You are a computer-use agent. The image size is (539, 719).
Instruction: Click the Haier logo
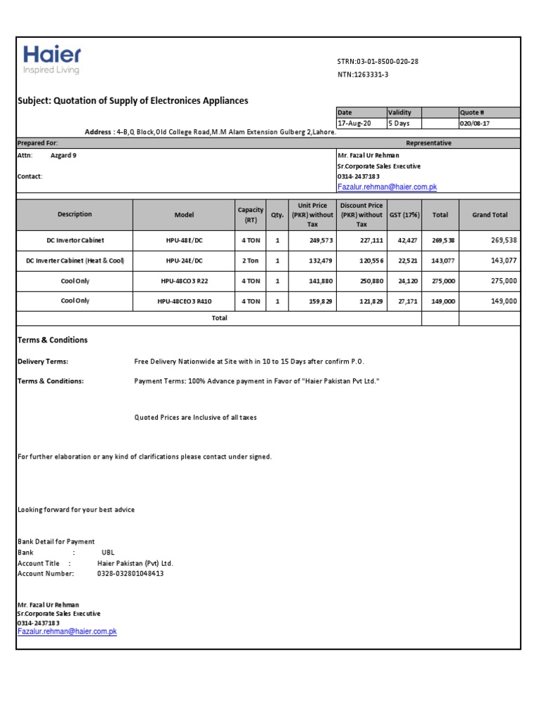coord(52,59)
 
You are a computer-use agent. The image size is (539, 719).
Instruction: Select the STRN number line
coord(378,62)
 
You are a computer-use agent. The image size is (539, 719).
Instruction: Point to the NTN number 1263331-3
coord(363,75)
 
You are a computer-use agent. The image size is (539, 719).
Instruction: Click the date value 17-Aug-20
coord(352,124)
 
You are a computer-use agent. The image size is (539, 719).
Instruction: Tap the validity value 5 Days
coord(399,124)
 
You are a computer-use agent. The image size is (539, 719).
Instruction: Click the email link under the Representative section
coord(387,187)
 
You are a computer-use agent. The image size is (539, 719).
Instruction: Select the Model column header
coord(184,215)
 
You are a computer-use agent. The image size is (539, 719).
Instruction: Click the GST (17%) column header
coord(405,215)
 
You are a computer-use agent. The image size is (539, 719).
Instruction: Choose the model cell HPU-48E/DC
coord(184,240)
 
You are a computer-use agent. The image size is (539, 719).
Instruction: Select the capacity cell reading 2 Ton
coord(251,260)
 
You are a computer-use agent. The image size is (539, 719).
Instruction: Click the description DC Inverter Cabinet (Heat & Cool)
coord(74,260)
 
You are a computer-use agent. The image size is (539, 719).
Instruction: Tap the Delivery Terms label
coord(43,362)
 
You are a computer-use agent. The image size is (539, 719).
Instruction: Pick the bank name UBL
coord(107,553)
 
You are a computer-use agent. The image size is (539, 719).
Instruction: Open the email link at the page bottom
coord(67,632)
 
